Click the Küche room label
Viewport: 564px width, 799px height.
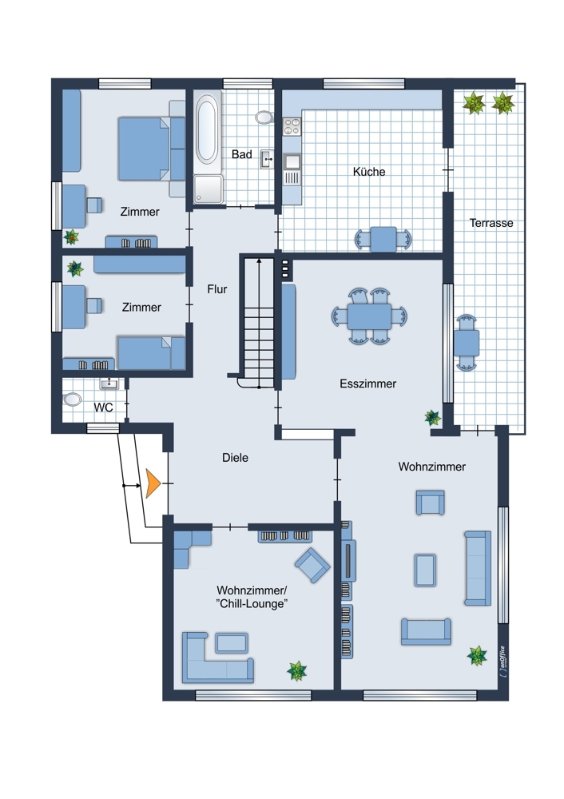(369, 172)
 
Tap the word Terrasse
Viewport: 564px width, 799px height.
(491, 224)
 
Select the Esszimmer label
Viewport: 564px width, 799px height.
(367, 384)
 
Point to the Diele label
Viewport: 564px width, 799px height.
(235, 458)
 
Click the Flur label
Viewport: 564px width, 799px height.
(216, 289)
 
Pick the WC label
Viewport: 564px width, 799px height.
(103, 407)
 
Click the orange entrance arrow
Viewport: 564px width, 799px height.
(153, 483)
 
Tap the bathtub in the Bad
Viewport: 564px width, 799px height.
(206, 129)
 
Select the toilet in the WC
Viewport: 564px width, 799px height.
(73, 399)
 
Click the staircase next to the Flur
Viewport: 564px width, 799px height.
(258, 320)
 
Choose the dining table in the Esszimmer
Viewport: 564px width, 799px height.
(369, 316)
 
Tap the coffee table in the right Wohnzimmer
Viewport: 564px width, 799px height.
(426, 569)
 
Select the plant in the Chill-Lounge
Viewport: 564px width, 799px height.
(297, 670)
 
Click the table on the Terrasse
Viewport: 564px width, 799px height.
(466, 344)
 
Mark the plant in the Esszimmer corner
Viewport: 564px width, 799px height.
(432, 416)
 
